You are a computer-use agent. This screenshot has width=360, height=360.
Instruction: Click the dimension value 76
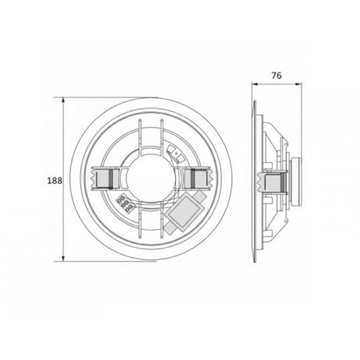click(277, 76)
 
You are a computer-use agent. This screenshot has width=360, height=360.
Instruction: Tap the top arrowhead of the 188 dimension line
click(64, 101)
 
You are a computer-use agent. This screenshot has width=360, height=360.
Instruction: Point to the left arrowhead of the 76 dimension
click(254, 84)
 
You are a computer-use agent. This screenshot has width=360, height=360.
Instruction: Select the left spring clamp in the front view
click(103, 178)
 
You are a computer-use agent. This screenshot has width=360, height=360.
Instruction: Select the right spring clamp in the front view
click(197, 178)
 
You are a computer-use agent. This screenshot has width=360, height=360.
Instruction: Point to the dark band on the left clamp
click(111, 178)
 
